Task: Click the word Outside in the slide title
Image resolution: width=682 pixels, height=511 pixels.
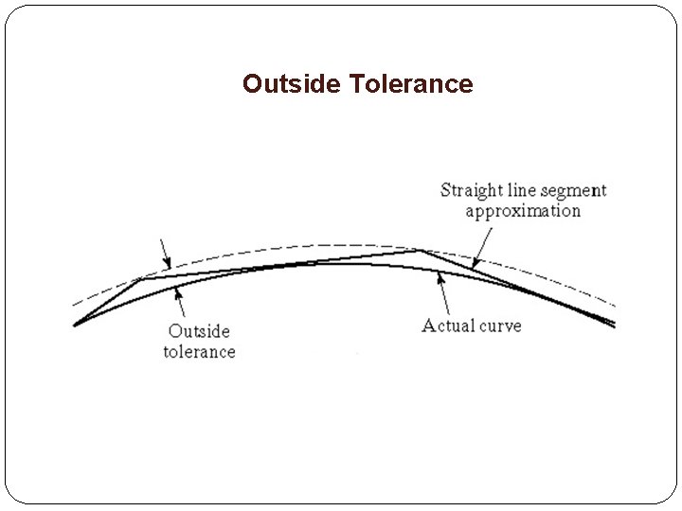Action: [x=292, y=84]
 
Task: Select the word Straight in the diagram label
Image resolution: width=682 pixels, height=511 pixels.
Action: [x=471, y=191]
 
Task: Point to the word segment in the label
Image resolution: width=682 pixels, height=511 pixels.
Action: [x=572, y=191]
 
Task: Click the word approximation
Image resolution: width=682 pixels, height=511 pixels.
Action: [x=523, y=210]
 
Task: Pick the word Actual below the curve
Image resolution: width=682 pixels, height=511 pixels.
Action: [x=449, y=326]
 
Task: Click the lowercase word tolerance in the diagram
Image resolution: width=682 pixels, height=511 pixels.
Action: [x=199, y=352]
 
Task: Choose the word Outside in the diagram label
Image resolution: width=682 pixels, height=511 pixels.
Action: [x=199, y=331]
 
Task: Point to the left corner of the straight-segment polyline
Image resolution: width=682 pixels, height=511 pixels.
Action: [x=141, y=278]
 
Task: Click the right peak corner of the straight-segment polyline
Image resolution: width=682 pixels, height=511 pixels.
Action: [x=418, y=251]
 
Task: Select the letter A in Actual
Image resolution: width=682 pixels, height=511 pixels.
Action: [x=428, y=326]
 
